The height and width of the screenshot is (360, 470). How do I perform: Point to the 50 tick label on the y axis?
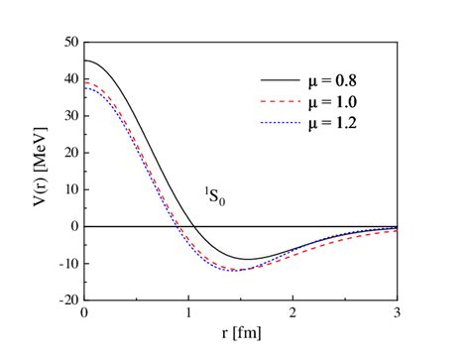(x=69, y=44)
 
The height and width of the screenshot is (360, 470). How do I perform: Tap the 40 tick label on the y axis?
(x=69, y=80)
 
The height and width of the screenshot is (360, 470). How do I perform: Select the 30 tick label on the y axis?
(x=69, y=117)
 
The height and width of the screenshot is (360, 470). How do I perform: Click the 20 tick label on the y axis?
(x=69, y=154)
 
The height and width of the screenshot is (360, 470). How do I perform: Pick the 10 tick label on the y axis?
(x=69, y=189)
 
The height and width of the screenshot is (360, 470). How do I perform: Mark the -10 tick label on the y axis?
(x=66, y=263)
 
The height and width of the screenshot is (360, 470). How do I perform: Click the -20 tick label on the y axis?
(x=66, y=299)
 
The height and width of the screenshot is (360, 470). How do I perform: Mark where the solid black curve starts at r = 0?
(x=85, y=61)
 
